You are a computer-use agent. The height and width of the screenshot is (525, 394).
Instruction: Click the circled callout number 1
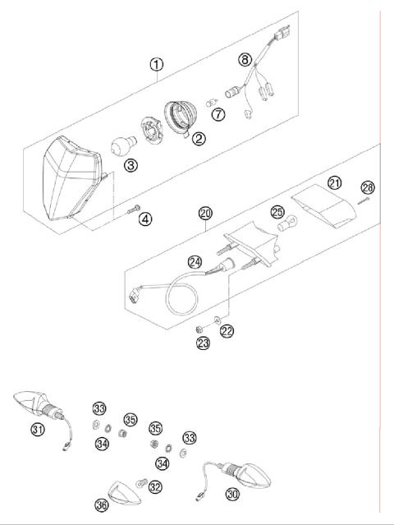click(156, 63)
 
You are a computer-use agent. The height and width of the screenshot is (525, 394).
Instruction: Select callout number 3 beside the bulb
click(131, 165)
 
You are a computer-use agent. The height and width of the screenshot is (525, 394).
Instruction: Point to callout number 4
click(144, 218)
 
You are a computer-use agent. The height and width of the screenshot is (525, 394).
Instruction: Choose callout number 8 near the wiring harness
click(244, 59)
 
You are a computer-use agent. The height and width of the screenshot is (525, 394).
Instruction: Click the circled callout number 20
click(205, 213)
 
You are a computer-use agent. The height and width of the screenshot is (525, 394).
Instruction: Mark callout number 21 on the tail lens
click(334, 182)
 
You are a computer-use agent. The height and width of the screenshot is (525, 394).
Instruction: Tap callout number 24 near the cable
click(194, 263)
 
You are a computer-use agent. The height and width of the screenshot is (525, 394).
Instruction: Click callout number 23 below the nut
click(203, 343)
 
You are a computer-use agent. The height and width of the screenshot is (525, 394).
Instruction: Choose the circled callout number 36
click(102, 505)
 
